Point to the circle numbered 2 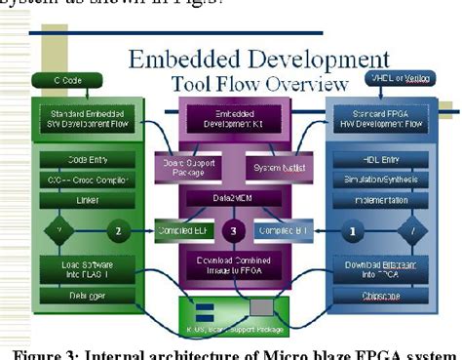pos(117,231)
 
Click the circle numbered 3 pos(232,231)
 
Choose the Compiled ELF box pos(180,231)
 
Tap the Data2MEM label pos(231,197)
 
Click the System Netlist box pos(276,167)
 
